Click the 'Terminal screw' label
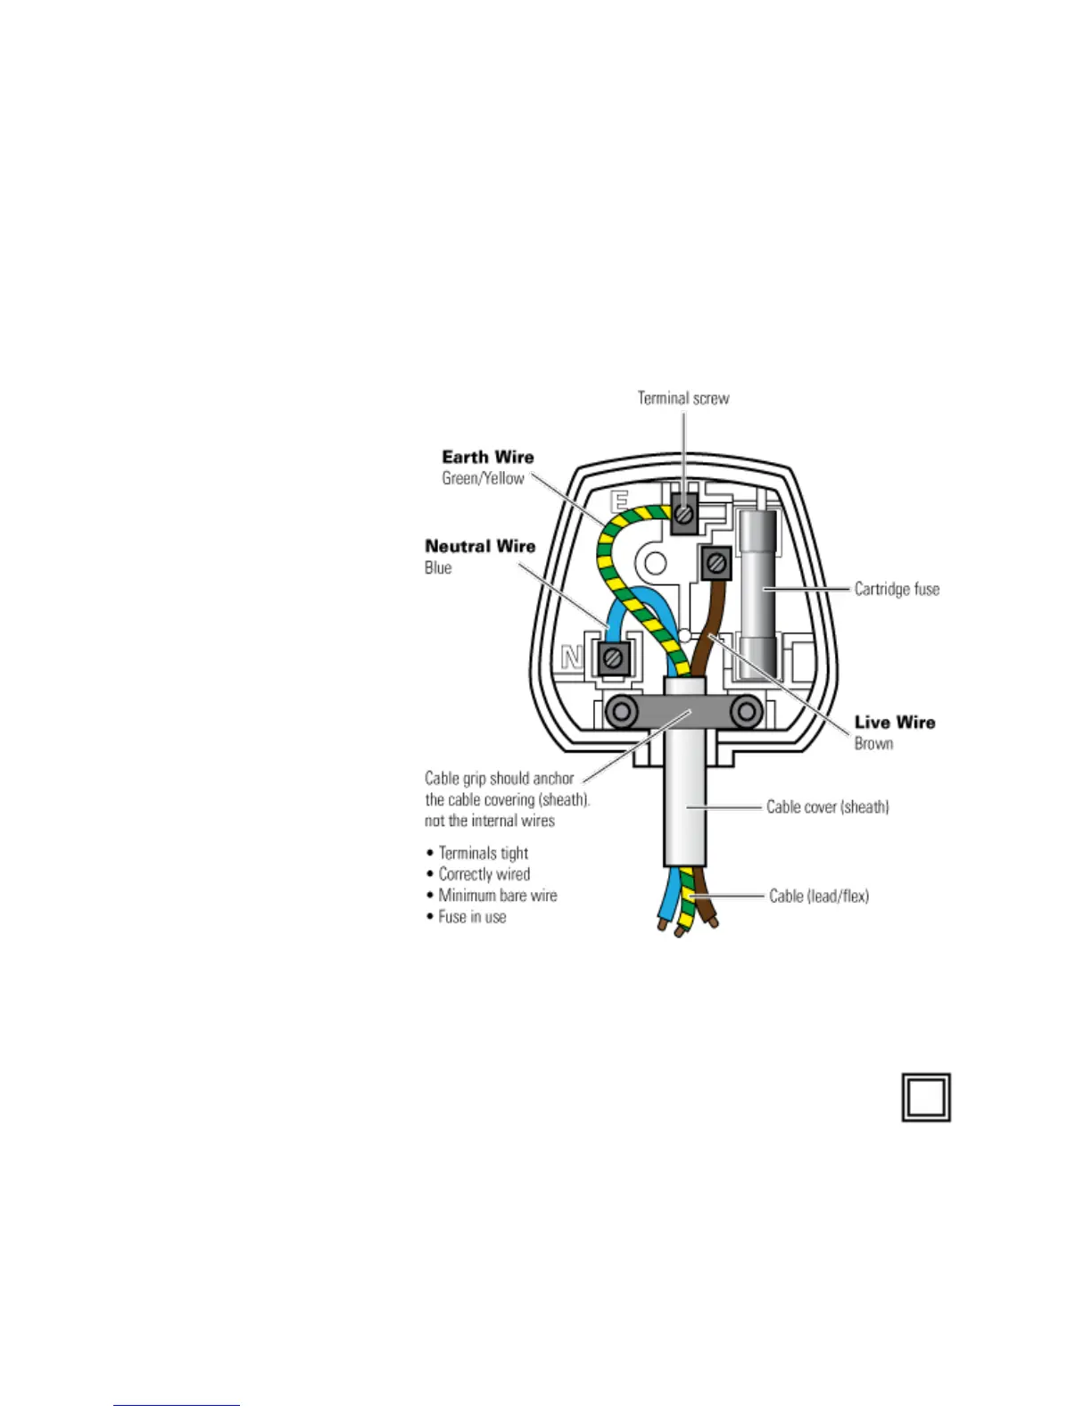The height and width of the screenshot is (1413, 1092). (682, 398)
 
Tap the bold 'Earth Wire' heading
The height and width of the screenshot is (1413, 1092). (488, 457)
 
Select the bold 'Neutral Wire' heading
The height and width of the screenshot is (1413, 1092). (480, 546)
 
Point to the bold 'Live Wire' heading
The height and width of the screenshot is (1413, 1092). (895, 722)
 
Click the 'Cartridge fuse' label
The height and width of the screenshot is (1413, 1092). (897, 589)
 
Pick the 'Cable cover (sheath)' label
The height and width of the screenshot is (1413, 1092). (827, 806)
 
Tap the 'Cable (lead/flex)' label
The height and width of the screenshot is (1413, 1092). (818, 896)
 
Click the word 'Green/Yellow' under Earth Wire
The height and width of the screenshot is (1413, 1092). (483, 478)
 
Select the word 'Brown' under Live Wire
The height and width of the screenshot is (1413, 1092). (873, 743)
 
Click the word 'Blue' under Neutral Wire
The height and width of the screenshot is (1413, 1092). (438, 567)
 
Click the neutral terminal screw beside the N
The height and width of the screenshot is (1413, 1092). (613, 658)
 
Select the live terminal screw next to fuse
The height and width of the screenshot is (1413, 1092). (716, 563)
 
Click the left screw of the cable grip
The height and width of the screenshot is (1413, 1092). (622, 712)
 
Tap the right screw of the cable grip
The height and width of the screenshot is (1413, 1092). (745, 712)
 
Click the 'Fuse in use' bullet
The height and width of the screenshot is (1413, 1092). (471, 917)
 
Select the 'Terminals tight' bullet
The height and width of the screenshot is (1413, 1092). (483, 853)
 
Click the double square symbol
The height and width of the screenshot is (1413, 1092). (926, 1097)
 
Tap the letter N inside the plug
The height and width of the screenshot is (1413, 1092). (572, 658)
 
